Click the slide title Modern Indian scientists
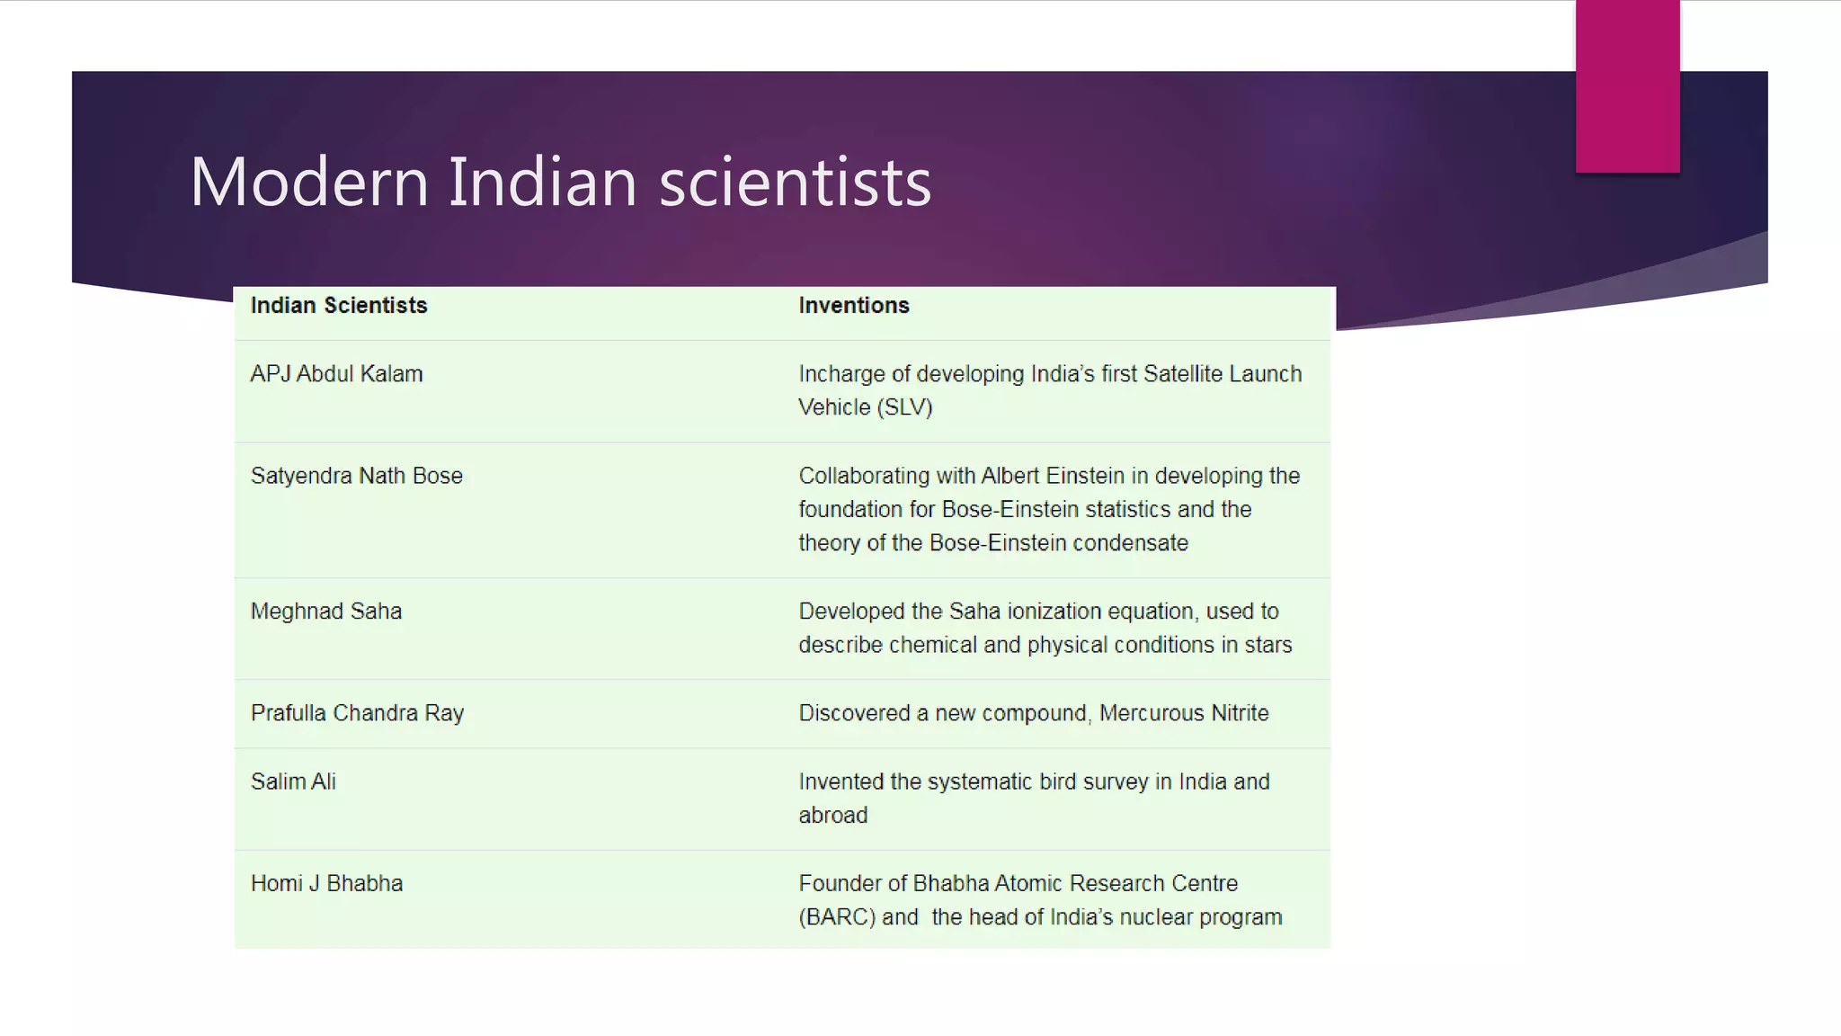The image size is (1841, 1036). [560, 182]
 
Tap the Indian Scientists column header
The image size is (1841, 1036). [339, 306]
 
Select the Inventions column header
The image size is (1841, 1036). [854, 306]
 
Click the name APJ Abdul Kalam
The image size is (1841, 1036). [336, 374]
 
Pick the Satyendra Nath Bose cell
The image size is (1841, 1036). [357, 476]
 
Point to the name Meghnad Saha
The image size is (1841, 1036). [326, 612]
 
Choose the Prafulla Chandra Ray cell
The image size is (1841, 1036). [357, 713]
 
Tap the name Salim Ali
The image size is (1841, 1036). [293, 781]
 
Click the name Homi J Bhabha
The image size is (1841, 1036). [326, 883]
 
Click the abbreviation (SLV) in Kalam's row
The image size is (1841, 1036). [904, 407]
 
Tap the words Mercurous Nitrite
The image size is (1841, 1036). [1184, 713]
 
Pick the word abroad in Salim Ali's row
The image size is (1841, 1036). [833, 816]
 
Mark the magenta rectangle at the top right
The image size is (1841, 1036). [1627, 85]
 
